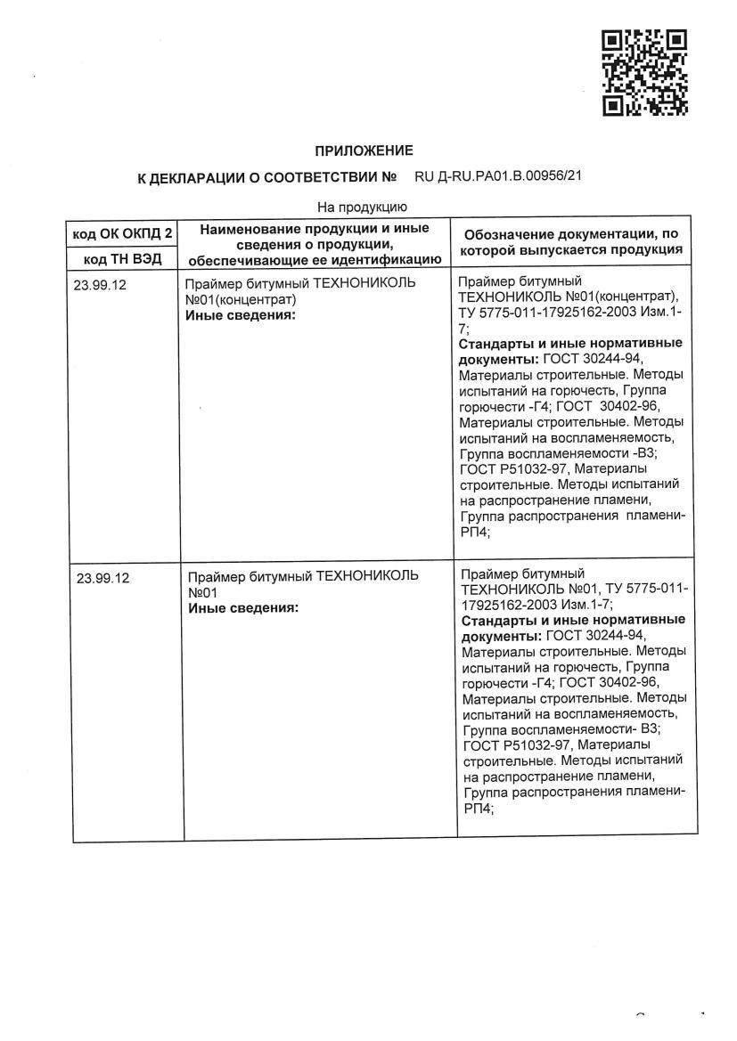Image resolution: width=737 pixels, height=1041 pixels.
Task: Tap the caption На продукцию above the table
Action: click(x=362, y=207)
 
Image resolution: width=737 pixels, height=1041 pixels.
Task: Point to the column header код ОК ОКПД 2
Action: click(x=121, y=234)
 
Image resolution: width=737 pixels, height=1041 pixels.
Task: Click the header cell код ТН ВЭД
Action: click(x=121, y=258)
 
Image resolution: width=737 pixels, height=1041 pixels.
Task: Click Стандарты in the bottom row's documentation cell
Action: click(x=496, y=619)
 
